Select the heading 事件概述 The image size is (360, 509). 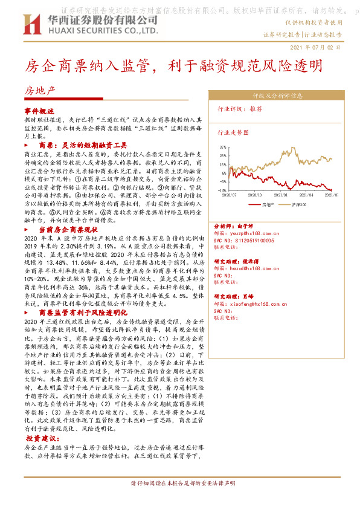click(x=39, y=111)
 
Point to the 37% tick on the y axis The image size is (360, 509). click(x=223, y=146)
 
